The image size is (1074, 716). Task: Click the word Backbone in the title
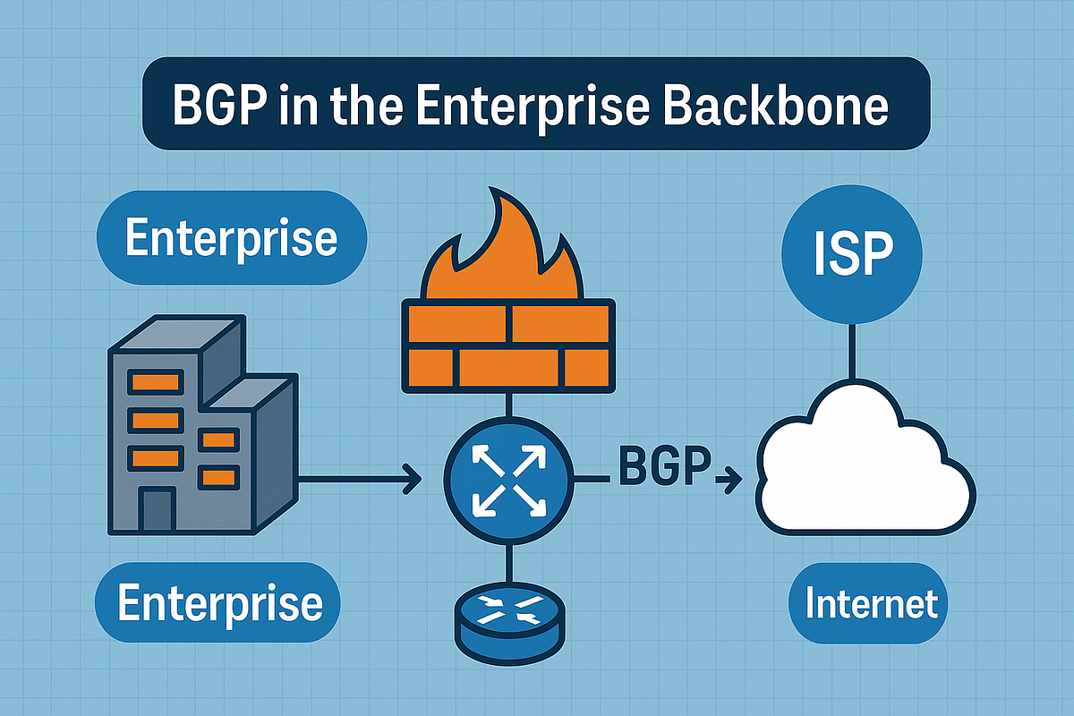tap(778, 105)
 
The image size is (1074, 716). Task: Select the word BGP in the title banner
tap(219, 106)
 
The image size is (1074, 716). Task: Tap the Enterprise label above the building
tap(232, 238)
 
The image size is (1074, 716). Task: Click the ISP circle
tap(852, 253)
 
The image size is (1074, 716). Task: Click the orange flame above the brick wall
tap(502, 250)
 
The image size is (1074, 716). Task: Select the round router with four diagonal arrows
tap(508, 481)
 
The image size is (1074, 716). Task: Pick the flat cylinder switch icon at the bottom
tap(509, 624)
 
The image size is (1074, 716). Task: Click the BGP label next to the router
tap(664, 465)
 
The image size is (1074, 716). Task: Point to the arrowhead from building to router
tap(412, 479)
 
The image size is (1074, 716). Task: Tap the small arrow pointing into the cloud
tap(729, 479)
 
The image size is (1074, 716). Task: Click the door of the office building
tap(157, 510)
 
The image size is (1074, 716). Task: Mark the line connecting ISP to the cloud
tap(852, 353)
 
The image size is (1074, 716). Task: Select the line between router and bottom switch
tap(509, 564)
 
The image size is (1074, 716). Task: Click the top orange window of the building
tap(156, 382)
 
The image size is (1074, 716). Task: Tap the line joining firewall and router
tap(509, 405)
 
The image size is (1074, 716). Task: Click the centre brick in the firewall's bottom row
tap(508, 367)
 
